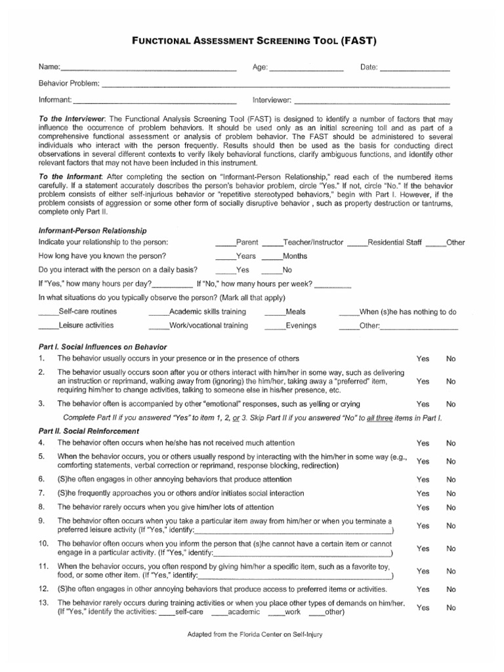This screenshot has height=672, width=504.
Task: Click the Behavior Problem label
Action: [x=68, y=84]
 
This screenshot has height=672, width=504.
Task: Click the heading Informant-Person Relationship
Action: [x=93, y=230]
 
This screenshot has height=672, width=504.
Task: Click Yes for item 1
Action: [x=423, y=359]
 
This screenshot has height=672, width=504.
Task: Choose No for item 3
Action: [x=451, y=404]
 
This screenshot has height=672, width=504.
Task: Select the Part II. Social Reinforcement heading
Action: [x=89, y=431]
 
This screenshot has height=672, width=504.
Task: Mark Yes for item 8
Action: [x=423, y=507]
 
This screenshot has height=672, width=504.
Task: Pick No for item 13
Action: [x=451, y=608]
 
